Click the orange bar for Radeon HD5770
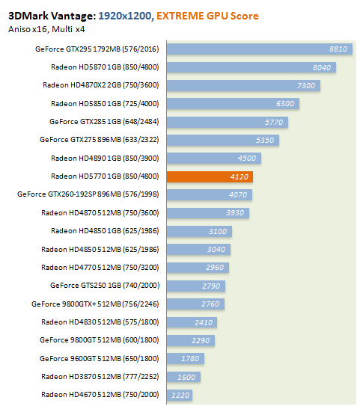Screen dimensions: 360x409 (x=210, y=176)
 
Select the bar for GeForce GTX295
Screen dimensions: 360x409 (x=260, y=49)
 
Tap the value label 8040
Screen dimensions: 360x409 (x=322, y=67)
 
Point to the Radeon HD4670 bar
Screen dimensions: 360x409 (x=180, y=395)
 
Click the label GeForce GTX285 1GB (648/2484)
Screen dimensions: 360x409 (x=104, y=122)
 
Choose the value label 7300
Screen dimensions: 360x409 (x=306, y=85)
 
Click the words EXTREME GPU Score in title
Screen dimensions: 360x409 (x=207, y=16)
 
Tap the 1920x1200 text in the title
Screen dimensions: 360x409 (x=125, y=16)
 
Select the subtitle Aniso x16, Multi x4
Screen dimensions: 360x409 (x=46, y=29)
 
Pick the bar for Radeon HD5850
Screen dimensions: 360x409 (x=233, y=103)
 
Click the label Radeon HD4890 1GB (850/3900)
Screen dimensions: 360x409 (x=105, y=159)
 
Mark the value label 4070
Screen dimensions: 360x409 (x=238, y=195)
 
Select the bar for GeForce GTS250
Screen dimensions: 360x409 (x=196, y=286)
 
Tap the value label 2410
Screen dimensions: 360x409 (x=204, y=323)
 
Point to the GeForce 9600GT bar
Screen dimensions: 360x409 (x=186, y=359)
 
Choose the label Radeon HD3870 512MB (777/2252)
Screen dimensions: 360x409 (x=100, y=377)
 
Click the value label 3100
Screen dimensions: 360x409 (x=218, y=231)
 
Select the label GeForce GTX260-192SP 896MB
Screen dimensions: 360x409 (x=69, y=194)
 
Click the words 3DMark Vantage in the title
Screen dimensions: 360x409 (x=52, y=16)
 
